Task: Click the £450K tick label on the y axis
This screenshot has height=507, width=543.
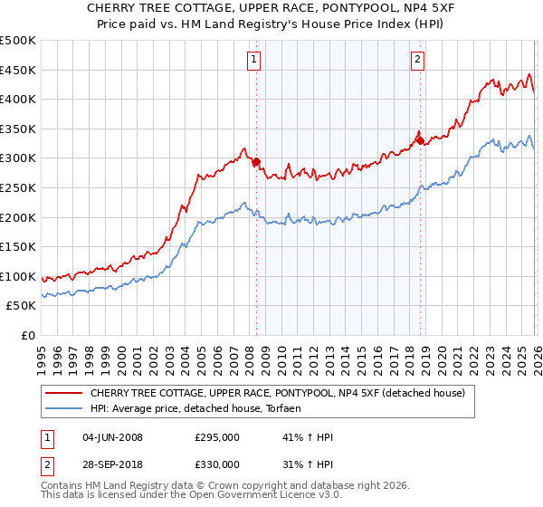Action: [x=18, y=70]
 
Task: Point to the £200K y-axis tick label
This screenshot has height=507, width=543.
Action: [x=18, y=217]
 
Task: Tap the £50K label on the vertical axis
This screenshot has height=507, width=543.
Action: [x=22, y=306]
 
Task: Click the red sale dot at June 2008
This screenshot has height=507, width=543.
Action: [x=256, y=162]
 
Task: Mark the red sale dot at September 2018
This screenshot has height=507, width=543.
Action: [x=420, y=139]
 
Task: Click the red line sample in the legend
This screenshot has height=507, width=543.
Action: [x=64, y=393]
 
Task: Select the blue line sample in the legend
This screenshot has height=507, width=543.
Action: [x=64, y=408]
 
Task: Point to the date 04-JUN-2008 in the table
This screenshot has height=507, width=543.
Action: [x=112, y=437]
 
